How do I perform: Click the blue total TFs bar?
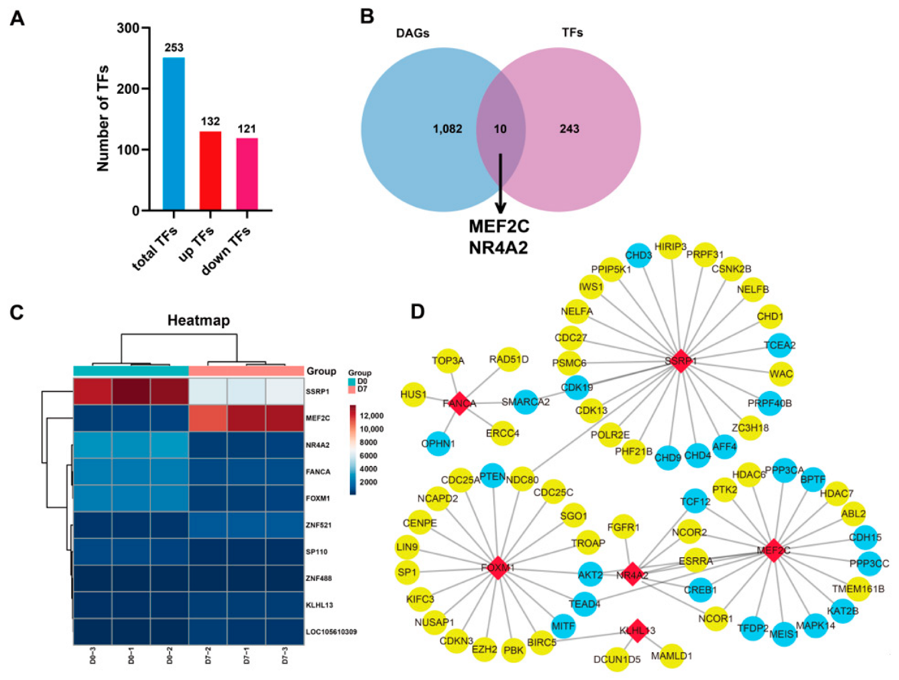pyautogui.click(x=173, y=134)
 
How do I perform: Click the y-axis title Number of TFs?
pyautogui.click(x=103, y=119)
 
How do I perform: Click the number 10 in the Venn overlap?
pyautogui.click(x=500, y=129)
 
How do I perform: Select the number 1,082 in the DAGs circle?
pyautogui.click(x=447, y=129)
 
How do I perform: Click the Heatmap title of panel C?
pyautogui.click(x=199, y=320)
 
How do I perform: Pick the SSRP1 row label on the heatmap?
pyautogui.click(x=317, y=391)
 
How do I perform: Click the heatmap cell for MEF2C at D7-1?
pyautogui.click(x=246, y=418)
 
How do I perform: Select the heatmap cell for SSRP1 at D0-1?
pyautogui.click(x=131, y=391)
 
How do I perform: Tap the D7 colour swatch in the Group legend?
pyautogui.click(x=352, y=389)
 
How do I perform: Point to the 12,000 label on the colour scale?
pyautogui.click(x=371, y=416)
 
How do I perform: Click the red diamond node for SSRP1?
pyautogui.click(x=680, y=361)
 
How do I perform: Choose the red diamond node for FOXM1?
pyautogui.click(x=498, y=568)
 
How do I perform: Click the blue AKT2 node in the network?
pyautogui.click(x=590, y=575)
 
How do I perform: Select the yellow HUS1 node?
pyautogui.click(x=413, y=395)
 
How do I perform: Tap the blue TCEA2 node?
pyautogui.click(x=779, y=345)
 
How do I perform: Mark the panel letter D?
pyautogui.click(x=417, y=312)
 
